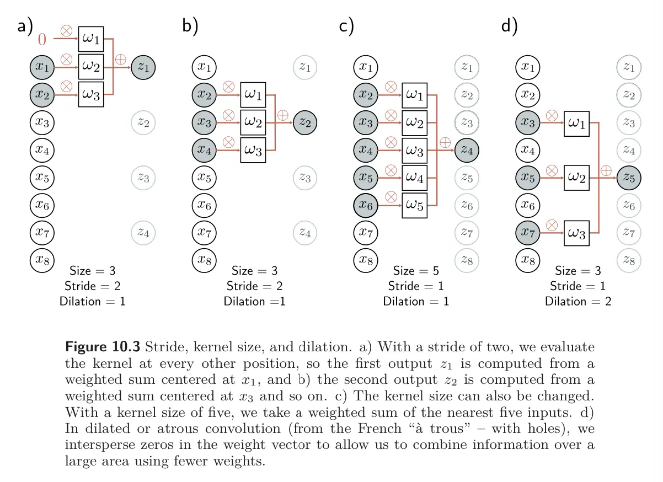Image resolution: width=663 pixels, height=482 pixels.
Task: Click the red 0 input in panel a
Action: (42, 40)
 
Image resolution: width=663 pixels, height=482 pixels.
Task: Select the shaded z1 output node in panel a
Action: (143, 67)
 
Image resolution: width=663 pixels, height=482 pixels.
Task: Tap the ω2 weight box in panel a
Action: (91, 67)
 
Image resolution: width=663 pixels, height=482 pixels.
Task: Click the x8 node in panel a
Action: (42, 259)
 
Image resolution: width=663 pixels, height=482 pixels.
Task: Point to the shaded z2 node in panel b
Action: (305, 122)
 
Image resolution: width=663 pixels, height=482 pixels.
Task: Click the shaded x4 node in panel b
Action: (204, 149)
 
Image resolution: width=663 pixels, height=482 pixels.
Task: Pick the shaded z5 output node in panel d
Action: (628, 176)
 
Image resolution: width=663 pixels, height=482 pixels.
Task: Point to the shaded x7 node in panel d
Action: (528, 232)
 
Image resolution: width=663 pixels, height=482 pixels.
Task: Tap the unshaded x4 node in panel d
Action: (528, 149)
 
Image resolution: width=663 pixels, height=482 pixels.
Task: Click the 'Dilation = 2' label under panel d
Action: (578, 301)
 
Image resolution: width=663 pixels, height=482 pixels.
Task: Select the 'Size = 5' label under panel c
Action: (416, 271)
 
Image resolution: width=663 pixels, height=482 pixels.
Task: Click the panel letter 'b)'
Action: (189, 26)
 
